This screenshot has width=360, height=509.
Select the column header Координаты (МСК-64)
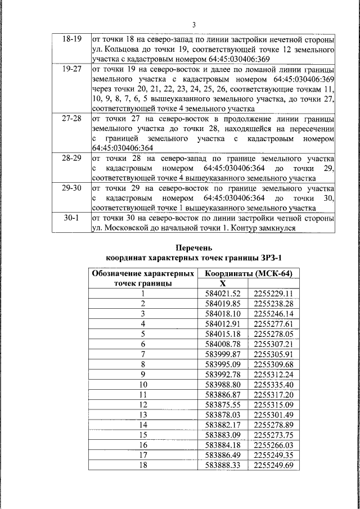pos(249,273)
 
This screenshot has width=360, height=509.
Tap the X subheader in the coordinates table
pos(222,283)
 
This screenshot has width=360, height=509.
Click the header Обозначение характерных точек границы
pos(143,278)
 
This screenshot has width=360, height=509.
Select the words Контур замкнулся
pos(271,228)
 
